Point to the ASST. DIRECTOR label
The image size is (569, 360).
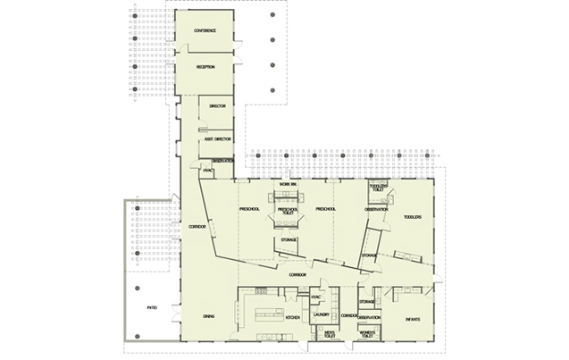pyautogui.click(x=218, y=140)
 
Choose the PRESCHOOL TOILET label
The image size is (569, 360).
pyautogui.click(x=288, y=212)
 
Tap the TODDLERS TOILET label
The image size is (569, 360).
pyautogui.click(x=379, y=188)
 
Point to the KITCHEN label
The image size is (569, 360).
pyautogui.click(x=292, y=317)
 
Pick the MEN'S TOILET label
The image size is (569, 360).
pyautogui.click(x=326, y=334)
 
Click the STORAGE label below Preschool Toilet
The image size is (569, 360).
pyautogui.click(x=289, y=239)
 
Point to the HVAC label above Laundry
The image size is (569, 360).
pyautogui.click(x=315, y=297)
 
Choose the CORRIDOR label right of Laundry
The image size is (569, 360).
pyautogui.click(x=349, y=316)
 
